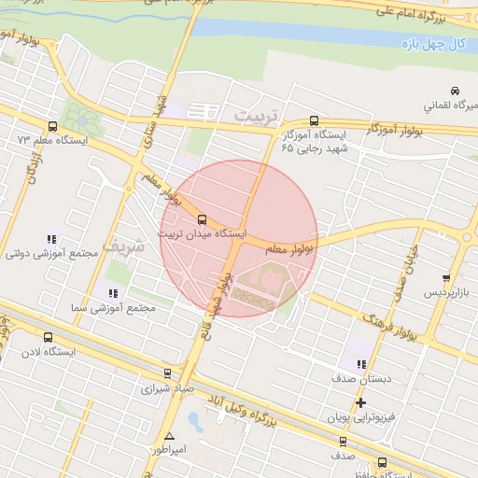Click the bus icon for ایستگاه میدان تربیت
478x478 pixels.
203,219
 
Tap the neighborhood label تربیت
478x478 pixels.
256,114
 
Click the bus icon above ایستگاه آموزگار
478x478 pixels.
314,121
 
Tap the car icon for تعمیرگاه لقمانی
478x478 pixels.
454,91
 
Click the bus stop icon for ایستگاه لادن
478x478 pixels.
48,338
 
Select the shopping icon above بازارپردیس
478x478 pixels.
446,278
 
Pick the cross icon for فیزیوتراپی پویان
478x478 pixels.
361,402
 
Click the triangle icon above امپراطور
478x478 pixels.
169,436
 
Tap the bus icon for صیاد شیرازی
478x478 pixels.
167,373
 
